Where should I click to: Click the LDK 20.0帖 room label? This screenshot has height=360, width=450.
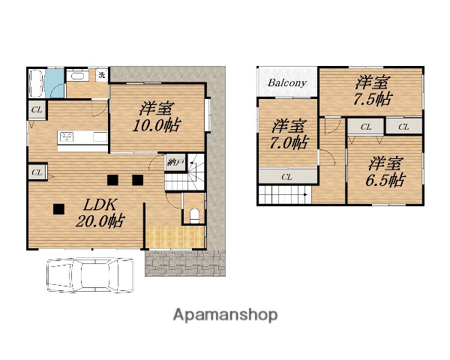[x=100, y=213]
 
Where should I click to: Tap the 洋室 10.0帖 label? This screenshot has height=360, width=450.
[x=157, y=117]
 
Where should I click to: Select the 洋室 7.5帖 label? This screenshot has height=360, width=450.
[x=373, y=91]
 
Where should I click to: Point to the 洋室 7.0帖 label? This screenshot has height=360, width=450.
[x=289, y=134]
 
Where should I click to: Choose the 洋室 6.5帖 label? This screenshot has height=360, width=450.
[x=385, y=172]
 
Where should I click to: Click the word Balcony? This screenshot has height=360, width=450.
[x=287, y=83]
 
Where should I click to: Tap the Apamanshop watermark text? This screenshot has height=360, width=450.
[x=225, y=315]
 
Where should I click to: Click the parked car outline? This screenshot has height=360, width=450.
[x=90, y=275]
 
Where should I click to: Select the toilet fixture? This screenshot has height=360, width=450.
[x=194, y=216]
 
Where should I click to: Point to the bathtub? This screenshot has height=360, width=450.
[x=37, y=83]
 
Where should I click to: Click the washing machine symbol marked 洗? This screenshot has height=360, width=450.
[x=101, y=76]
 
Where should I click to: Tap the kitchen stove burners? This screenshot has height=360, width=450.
[x=66, y=137]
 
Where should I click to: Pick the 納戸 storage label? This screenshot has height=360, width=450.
[x=175, y=163]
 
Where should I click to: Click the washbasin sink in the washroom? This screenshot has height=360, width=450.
[x=77, y=76]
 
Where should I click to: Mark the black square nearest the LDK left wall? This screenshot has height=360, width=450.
[x=58, y=209]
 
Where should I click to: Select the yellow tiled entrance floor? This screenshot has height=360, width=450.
[x=175, y=237]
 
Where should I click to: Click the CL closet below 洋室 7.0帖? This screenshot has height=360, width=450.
[x=288, y=176]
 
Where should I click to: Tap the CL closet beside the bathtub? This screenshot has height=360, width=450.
[x=37, y=109]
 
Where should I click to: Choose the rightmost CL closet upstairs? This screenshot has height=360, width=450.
[x=403, y=126]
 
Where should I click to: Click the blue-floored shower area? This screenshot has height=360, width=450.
[x=54, y=83]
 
